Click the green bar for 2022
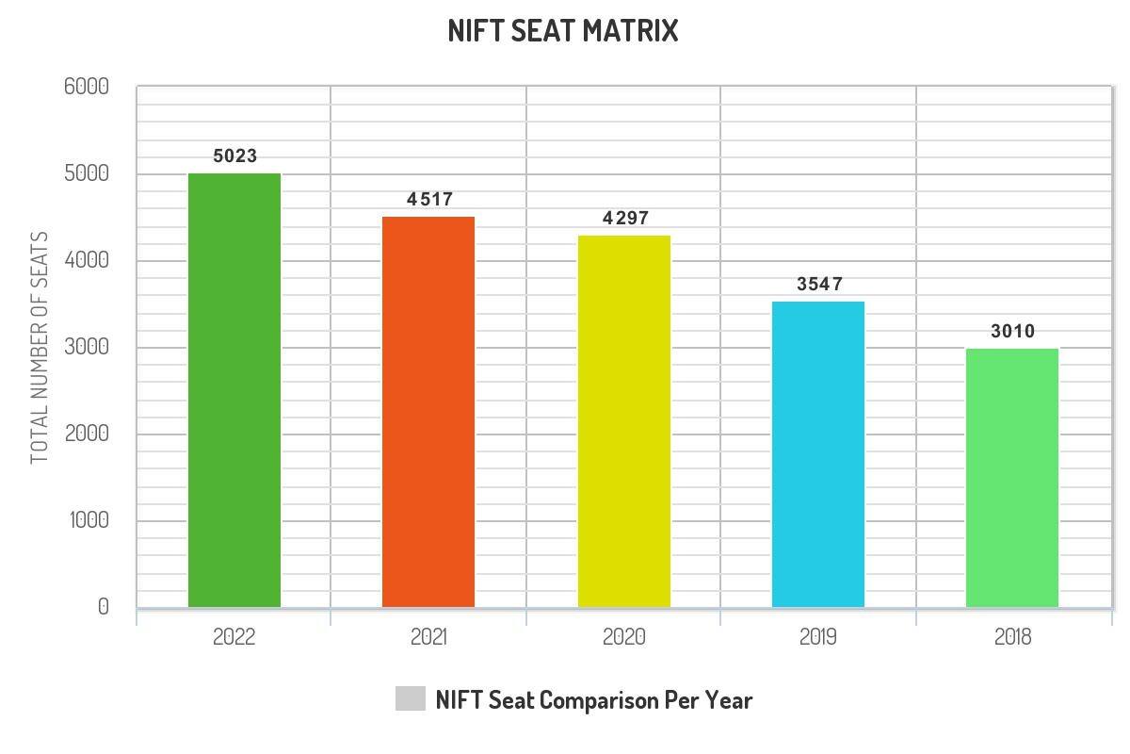click(x=234, y=390)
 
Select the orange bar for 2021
click(x=428, y=412)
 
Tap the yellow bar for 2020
click(x=624, y=421)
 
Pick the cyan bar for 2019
click(x=818, y=454)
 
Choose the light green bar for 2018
click(x=1012, y=478)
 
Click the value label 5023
click(x=235, y=156)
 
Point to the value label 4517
click(x=430, y=200)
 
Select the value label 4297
click(x=626, y=219)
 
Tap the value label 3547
click(x=820, y=285)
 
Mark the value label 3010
click(x=1013, y=332)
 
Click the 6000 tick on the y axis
click(x=87, y=87)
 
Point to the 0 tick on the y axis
click(x=104, y=608)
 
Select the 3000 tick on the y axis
click(x=87, y=348)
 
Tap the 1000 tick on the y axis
click(x=89, y=521)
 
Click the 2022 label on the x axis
click(x=234, y=637)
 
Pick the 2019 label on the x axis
click(x=818, y=637)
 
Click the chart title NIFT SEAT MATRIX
click(x=563, y=31)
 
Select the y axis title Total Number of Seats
click(x=39, y=348)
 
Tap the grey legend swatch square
click(x=411, y=699)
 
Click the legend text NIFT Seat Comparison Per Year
click(x=594, y=700)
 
